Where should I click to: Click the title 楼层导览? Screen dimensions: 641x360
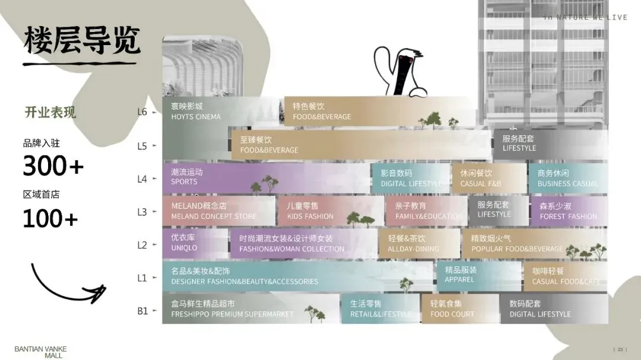click(82, 40)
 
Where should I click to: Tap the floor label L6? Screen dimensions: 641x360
click(142, 112)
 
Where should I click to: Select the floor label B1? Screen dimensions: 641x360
click(142, 310)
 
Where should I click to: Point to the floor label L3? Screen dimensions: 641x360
click(142, 212)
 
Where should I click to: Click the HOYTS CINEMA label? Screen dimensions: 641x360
click(195, 117)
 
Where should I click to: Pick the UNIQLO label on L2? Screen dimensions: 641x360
click(184, 248)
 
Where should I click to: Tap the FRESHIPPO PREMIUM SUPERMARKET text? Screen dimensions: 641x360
click(232, 314)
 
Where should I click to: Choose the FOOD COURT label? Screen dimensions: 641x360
click(452, 314)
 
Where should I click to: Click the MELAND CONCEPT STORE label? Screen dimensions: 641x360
click(214, 216)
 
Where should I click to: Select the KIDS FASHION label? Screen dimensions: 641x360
click(310, 216)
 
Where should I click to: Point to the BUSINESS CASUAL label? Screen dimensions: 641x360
click(567, 184)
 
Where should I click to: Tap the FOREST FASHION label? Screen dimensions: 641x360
click(568, 216)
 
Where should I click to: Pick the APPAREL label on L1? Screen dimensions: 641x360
click(459, 279)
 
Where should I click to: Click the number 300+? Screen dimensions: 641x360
click(53, 167)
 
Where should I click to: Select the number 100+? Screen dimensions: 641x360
click(50, 219)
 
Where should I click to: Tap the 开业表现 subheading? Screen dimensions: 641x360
click(50, 112)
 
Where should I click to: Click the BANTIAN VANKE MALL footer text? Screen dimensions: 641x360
click(40, 352)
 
